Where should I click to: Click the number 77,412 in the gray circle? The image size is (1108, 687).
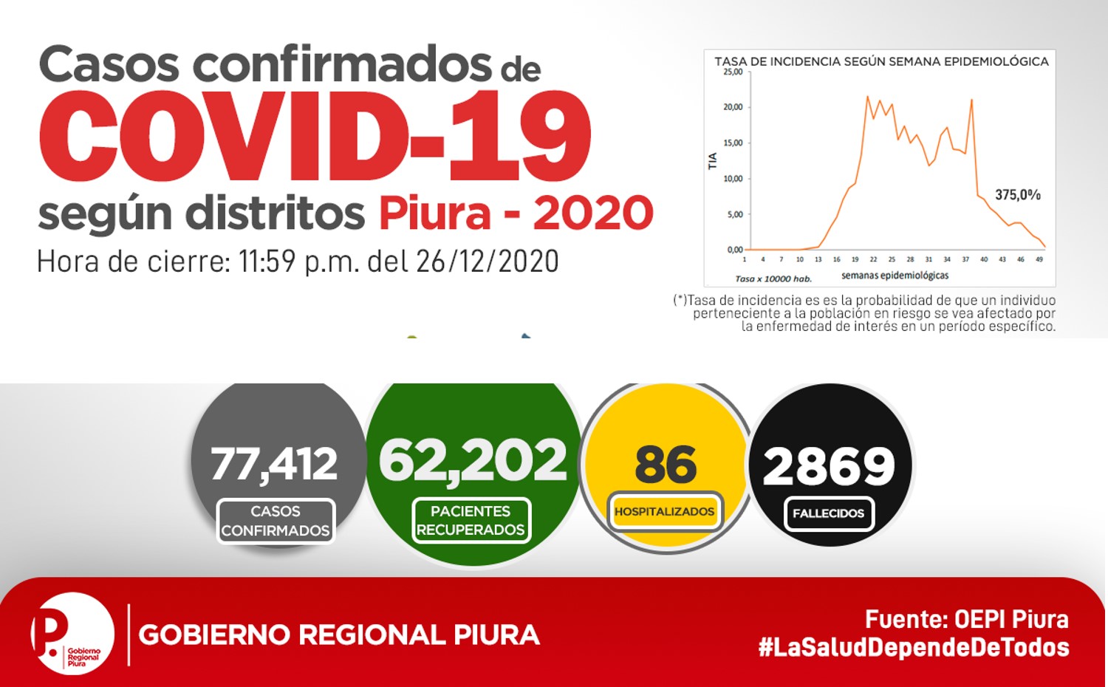(274, 463)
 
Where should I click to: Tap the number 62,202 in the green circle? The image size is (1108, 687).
(473, 461)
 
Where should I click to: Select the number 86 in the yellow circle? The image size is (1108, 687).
(666, 464)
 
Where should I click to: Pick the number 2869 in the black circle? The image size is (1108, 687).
(829, 465)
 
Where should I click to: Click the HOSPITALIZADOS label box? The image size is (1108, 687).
(665, 511)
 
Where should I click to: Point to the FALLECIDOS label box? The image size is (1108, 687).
(829, 513)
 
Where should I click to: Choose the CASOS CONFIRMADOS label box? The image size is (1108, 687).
(276, 521)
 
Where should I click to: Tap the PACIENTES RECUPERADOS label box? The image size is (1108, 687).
(471, 520)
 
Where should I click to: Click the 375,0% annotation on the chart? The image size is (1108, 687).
(1018, 195)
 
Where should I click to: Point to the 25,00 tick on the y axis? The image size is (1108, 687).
(733, 72)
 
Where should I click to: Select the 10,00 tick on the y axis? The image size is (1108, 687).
(733, 179)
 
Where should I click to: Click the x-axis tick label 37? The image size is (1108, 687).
(965, 259)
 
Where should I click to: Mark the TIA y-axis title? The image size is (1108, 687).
(713, 161)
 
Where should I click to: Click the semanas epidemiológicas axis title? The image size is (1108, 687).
(895, 276)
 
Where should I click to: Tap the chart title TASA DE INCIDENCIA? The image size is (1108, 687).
(881, 61)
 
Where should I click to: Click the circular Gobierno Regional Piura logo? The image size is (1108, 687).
(72, 634)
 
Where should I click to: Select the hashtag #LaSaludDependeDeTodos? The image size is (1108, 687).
(914, 647)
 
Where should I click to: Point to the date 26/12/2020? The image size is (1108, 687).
(488, 262)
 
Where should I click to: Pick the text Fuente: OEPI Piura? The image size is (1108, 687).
(967, 619)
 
